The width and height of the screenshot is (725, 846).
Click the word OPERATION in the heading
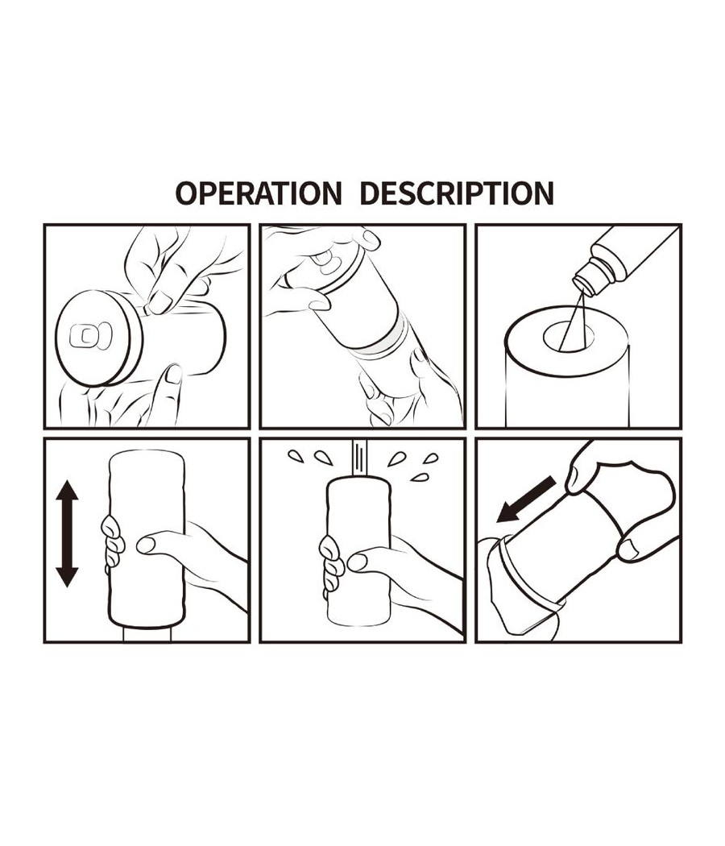[x=259, y=193]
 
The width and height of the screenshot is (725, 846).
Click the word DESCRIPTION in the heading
[x=457, y=193]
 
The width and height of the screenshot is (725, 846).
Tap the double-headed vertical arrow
[x=68, y=533]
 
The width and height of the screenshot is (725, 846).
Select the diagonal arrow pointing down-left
[x=525, y=499]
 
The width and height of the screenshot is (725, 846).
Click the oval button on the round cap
[x=90, y=336]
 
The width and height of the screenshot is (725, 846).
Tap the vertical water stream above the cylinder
[x=359, y=458]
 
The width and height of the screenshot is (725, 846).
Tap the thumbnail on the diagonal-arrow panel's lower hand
[x=628, y=550]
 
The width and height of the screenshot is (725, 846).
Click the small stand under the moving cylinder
[x=147, y=635]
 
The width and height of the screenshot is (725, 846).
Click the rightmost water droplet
[x=430, y=458]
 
